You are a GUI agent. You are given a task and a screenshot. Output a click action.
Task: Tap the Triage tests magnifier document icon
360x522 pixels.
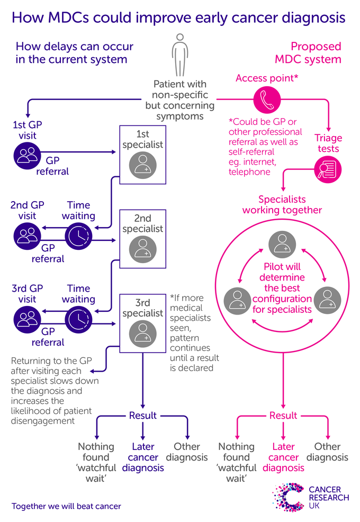[x=328, y=170]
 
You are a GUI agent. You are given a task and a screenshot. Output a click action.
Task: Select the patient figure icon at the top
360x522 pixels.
[x=180, y=55]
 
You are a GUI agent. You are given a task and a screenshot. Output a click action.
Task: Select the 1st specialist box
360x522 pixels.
[x=142, y=155]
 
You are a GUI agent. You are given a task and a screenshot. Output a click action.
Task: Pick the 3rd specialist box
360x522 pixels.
[x=142, y=322]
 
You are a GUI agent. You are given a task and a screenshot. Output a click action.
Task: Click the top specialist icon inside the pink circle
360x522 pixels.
[x=283, y=244]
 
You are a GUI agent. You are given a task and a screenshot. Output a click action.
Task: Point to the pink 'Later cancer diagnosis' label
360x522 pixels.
[x=283, y=457]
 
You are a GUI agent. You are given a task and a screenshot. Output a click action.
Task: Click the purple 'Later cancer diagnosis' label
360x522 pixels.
[x=143, y=457]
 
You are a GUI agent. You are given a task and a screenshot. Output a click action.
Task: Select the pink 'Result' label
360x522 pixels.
[x=283, y=416]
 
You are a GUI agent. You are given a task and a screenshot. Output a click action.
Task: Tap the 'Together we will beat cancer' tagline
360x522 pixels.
[x=66, y=506]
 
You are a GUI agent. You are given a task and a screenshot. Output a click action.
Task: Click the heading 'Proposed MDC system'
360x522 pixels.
[x=315, y=52]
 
